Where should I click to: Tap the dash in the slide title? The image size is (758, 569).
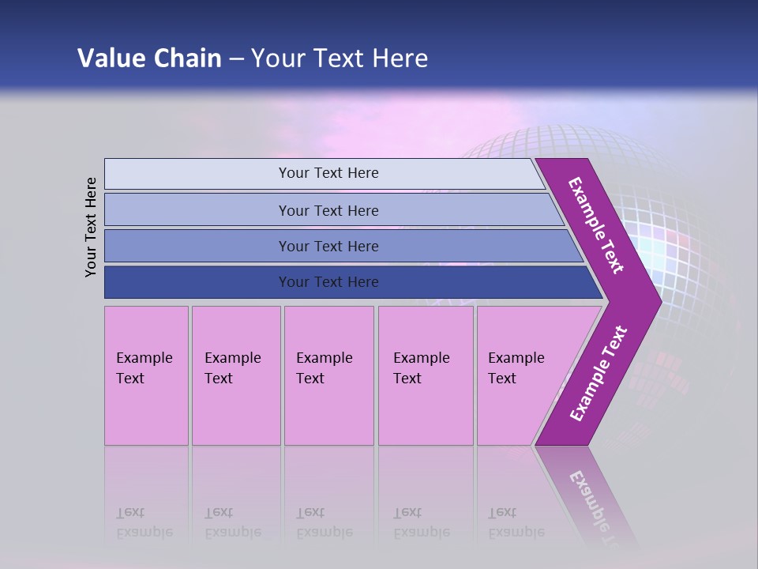[236, 59]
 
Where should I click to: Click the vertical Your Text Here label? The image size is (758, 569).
[91, 227]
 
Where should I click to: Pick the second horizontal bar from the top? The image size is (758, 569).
[328, 210]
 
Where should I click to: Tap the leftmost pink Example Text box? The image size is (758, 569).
[146, 375]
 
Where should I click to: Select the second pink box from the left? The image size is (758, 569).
[236, 375]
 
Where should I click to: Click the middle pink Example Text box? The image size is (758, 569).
[328, 375]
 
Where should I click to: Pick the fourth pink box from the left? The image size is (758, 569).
[426, 375]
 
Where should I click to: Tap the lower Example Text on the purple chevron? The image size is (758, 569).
[599, 374]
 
